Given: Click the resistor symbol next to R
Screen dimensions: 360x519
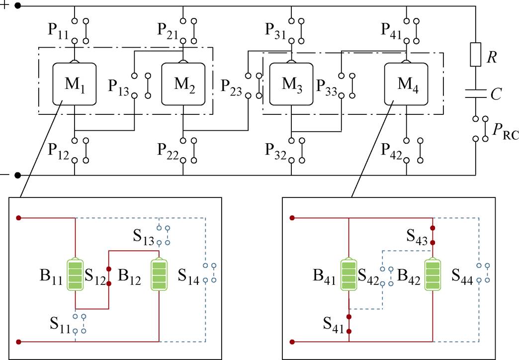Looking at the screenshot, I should [475, 55].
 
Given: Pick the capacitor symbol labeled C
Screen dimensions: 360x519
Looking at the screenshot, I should [475, 93].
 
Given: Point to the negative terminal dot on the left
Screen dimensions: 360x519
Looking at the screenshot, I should [18, 175].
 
